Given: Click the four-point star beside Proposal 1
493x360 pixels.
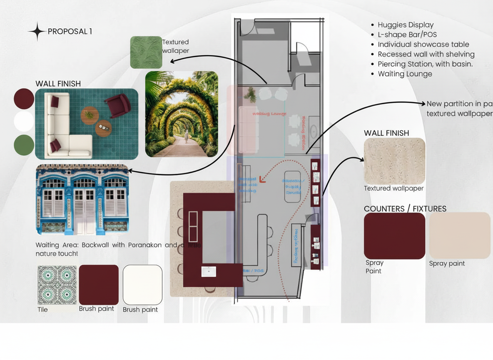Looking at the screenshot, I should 37,31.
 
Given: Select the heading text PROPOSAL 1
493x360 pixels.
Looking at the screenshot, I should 70,32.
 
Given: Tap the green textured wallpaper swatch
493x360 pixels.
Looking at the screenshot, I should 146,52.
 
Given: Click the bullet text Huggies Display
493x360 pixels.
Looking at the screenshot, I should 405,25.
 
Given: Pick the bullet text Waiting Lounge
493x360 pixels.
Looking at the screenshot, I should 405,74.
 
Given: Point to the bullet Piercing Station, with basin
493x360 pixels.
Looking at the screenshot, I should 425,64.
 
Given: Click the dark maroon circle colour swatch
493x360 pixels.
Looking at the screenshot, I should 24,99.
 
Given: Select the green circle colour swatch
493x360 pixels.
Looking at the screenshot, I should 24,145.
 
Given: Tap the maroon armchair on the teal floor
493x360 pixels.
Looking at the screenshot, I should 117,105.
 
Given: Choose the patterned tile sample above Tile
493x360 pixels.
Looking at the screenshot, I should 57,285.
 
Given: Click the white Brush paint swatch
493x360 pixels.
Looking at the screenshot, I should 142,285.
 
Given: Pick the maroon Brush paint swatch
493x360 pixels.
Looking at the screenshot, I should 99,285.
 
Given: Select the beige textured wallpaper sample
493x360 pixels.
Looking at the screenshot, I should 394,161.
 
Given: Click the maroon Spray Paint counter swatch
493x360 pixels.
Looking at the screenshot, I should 394,236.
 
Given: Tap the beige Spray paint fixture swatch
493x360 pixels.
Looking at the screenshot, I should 460,235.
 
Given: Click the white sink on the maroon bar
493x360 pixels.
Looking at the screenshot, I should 208,272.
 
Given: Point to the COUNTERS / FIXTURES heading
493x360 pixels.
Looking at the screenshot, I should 405,209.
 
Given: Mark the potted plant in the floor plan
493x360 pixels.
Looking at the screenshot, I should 250,95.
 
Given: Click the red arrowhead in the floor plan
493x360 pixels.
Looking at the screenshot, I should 262,179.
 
